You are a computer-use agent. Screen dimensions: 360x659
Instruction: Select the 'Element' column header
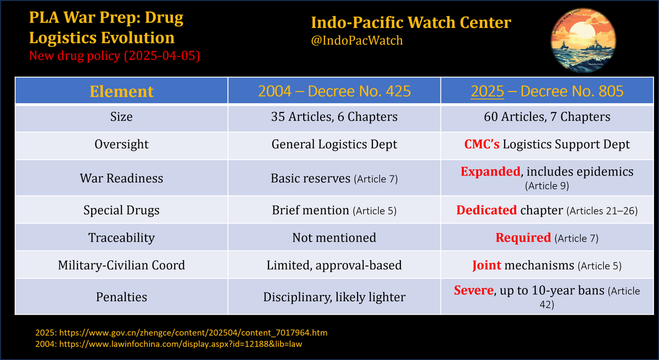click(x=121, y=91)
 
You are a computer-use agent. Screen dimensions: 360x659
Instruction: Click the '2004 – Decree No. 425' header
click(x=334, y=91)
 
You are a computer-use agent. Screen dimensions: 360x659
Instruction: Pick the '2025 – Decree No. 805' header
click(x=550, y=91)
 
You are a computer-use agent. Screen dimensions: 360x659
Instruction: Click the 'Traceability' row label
click(x=121, y=238)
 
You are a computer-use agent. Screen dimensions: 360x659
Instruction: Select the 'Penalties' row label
click(x=121, y=297)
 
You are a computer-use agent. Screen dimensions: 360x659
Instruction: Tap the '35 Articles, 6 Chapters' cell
click(x=334, y=117)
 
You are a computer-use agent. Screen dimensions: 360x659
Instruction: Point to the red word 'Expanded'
click(x=490, y=171)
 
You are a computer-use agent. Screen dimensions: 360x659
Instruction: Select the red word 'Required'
click(x=523, y=238)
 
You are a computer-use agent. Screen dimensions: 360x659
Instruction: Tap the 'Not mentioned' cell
click(x=334, y=238)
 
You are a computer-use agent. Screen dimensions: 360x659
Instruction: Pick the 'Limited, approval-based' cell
click(x=334, y=266)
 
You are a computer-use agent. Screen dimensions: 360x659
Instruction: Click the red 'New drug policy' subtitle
click(x=114, y=55)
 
